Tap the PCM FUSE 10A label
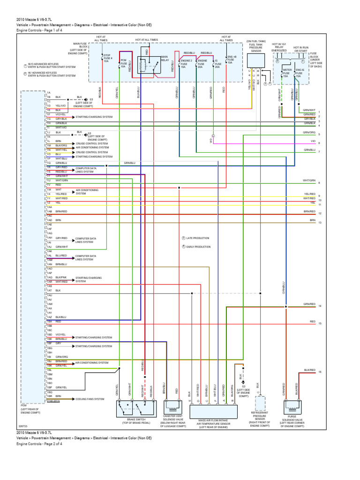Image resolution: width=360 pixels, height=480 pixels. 124,63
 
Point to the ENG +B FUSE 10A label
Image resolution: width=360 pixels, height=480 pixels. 230,60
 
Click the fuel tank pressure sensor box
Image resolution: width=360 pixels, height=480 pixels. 255,60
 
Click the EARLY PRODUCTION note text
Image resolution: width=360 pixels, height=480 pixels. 198,247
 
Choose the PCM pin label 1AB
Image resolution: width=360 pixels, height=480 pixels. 49,211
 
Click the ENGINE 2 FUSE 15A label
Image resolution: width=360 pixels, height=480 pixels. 187,64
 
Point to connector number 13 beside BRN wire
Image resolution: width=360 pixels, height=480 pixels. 319,223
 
